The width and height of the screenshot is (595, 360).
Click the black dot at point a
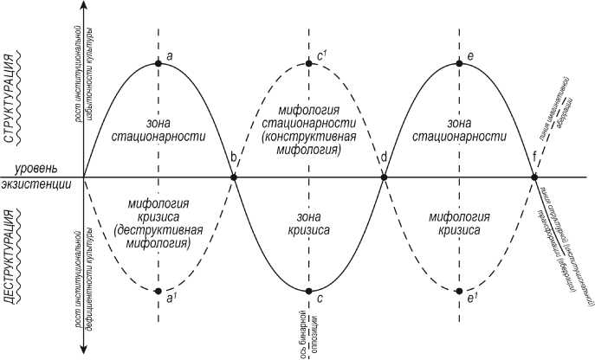pos(158,63)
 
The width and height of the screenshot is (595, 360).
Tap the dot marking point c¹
pos(309,63)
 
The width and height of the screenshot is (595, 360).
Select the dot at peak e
pos(459,63)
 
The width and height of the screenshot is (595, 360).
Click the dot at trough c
pos(309,291)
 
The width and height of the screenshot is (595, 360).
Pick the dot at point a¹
pos(158,291)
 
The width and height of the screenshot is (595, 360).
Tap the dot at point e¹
pos(459,291)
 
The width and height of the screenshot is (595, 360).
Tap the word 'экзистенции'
pos(36,188)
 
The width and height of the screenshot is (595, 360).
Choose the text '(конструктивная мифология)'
pos(309,143)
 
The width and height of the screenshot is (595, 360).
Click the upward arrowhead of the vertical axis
pos(82,5)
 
